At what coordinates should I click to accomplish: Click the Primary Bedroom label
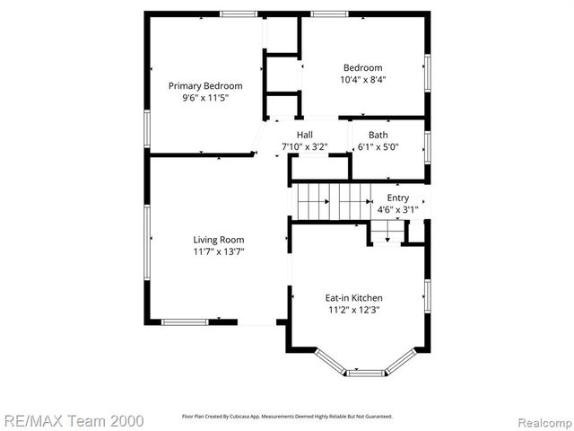205,86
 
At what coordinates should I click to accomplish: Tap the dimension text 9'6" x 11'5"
205,98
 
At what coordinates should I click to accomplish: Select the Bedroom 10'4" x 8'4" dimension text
362,79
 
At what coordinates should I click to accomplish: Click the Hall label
304,135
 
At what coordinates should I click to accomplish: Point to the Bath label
378,135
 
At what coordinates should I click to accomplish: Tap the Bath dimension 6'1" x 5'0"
378,146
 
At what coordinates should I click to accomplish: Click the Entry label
397,198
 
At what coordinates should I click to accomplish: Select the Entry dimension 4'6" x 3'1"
397,209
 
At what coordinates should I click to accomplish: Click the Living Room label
219,240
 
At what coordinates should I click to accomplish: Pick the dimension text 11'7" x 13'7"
219,251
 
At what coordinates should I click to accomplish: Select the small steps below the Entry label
388,234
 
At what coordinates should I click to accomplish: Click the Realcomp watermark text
542,419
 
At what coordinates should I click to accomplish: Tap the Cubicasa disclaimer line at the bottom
287,417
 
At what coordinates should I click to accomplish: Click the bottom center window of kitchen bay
364,371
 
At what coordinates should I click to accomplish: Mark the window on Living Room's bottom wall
185,321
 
